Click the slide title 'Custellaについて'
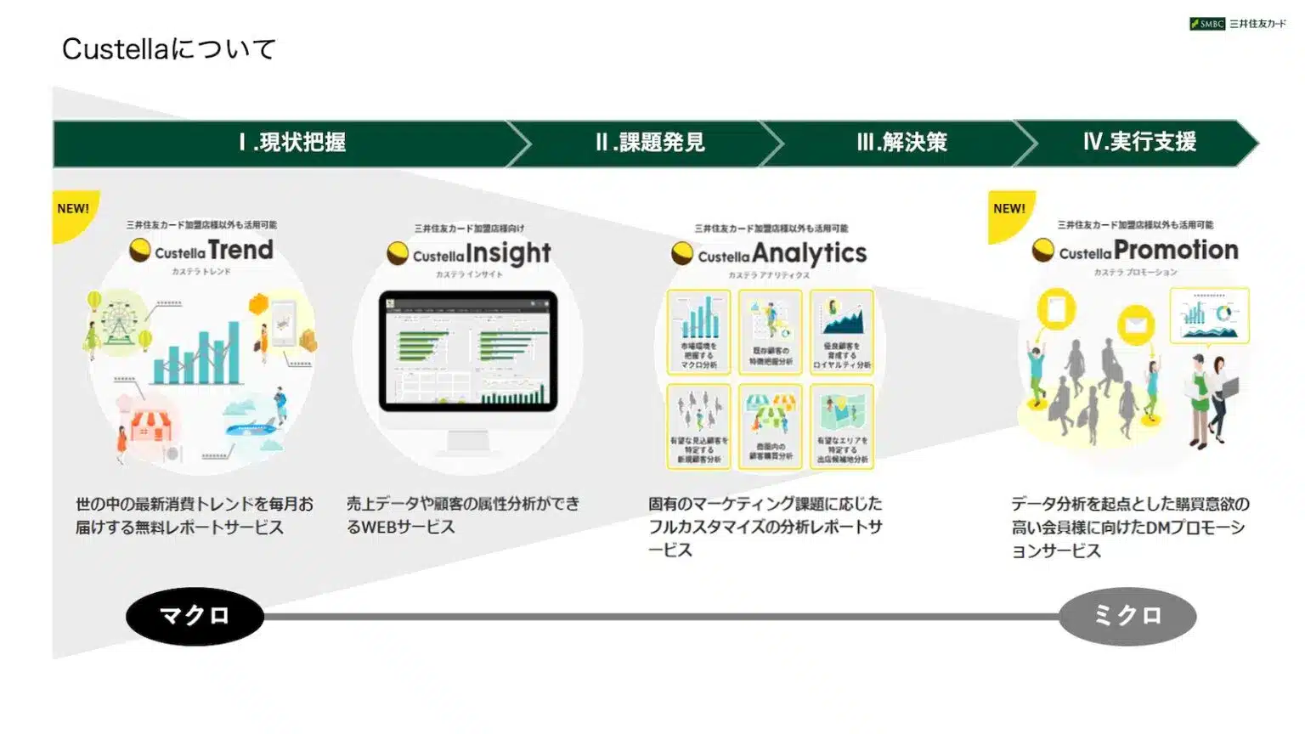(x=168, y=49)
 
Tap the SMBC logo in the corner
(x=1237, y=24)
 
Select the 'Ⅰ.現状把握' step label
(x=292, y=142)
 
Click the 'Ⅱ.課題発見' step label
(x=650, y=142)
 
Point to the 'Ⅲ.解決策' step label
(x=901, y=142)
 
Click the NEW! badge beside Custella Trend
(x=73, y=209)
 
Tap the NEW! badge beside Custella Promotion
(x=1009, y=209)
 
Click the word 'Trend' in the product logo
(x=241, y=251)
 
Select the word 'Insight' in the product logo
(x=508, y=253)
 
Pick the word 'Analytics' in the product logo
(x=809, y=253)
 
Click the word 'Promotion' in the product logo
(x=1176, y=251)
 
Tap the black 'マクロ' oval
(x=195, y=616)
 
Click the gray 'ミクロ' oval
(x=1127, y=616)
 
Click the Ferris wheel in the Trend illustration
(x=118, y=323)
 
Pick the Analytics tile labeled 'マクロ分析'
(x=698, y=331)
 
